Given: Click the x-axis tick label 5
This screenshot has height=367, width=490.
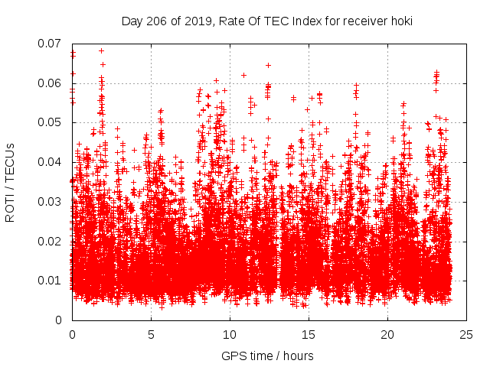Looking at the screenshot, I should pos(151,334).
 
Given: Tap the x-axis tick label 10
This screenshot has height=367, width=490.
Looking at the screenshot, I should pos(230,334).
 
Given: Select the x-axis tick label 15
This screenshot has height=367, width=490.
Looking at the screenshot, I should pos(309,334).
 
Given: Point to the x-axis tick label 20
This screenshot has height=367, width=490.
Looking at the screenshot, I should pos(387,334).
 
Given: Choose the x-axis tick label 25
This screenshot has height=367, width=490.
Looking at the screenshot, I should pos(466,334).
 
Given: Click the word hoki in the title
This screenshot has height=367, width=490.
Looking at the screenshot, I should pos(401,21).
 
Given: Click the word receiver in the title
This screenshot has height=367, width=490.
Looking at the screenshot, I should pos(363,21).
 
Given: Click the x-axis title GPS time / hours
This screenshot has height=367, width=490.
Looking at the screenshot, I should pos(267,356).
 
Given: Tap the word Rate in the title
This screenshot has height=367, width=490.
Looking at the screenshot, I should pos(230,21).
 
